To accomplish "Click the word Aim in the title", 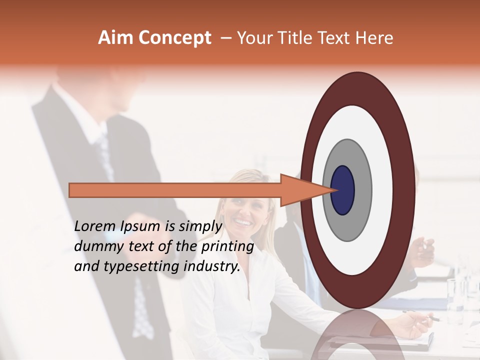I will [116, 38].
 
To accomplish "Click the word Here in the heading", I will [374, 38].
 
